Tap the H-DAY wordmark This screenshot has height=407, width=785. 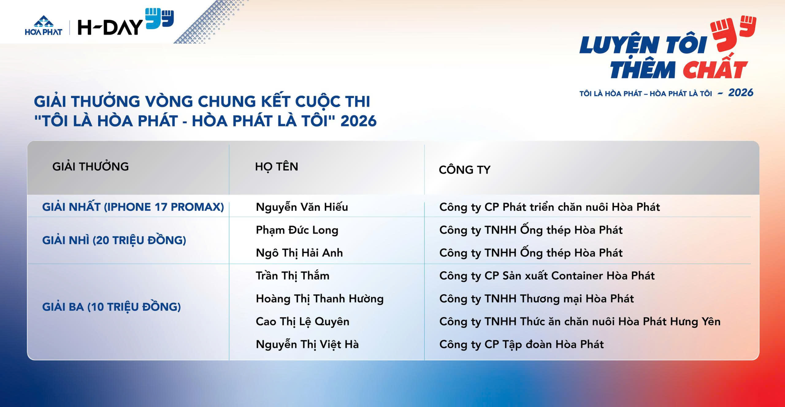point(110,27)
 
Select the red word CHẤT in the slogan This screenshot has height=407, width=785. point(715,70)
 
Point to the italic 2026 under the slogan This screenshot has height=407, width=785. point(741,93)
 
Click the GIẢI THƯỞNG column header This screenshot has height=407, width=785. point(91,167)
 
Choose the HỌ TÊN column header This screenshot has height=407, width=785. point(276,167)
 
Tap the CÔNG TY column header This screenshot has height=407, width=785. point(464,170)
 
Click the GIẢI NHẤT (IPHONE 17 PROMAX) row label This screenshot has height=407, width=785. point(133,207)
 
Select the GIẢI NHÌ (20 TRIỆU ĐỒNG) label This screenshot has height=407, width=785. point(114,240)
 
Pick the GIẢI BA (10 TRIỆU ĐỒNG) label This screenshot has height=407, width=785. point(111,307)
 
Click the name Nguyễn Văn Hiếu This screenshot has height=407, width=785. point(302,207)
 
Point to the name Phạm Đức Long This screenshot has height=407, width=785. point(297,230)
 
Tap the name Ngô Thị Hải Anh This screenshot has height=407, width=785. point(299,253)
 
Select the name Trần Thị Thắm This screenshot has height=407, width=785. point(293,276)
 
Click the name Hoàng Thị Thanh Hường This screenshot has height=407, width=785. point(320,298)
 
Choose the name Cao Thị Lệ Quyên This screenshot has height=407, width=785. point(302,322)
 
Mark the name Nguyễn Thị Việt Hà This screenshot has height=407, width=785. point(307,344)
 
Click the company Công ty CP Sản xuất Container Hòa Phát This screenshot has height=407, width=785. point(547,276)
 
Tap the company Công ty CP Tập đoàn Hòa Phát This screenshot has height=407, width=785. point(522,344)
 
